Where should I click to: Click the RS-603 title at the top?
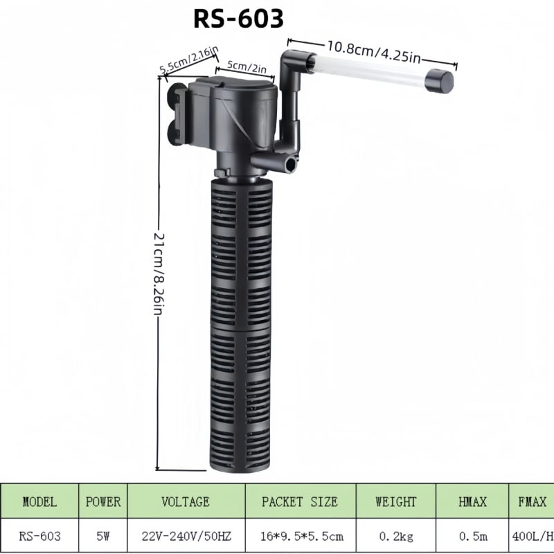(x=238, y=19)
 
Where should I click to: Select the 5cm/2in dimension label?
(x=247, y=66)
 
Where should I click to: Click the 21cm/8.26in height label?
(x=159, y=273)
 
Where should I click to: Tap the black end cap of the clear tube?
(x=439, y=82)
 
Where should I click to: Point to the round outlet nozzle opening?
(x=291, y=165)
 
